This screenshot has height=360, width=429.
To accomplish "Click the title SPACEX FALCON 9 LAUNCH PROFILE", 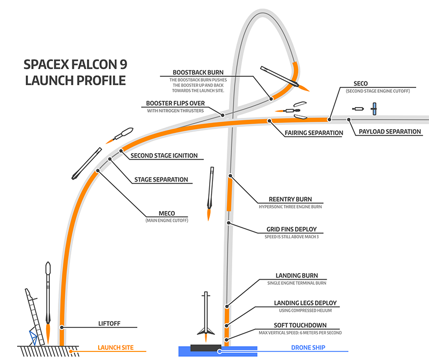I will (75, 72).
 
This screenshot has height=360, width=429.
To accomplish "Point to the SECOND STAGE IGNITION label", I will (164, 156).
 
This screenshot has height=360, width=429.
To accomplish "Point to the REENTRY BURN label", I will (290, 198).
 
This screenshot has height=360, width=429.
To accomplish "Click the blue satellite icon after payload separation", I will (375, 109).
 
